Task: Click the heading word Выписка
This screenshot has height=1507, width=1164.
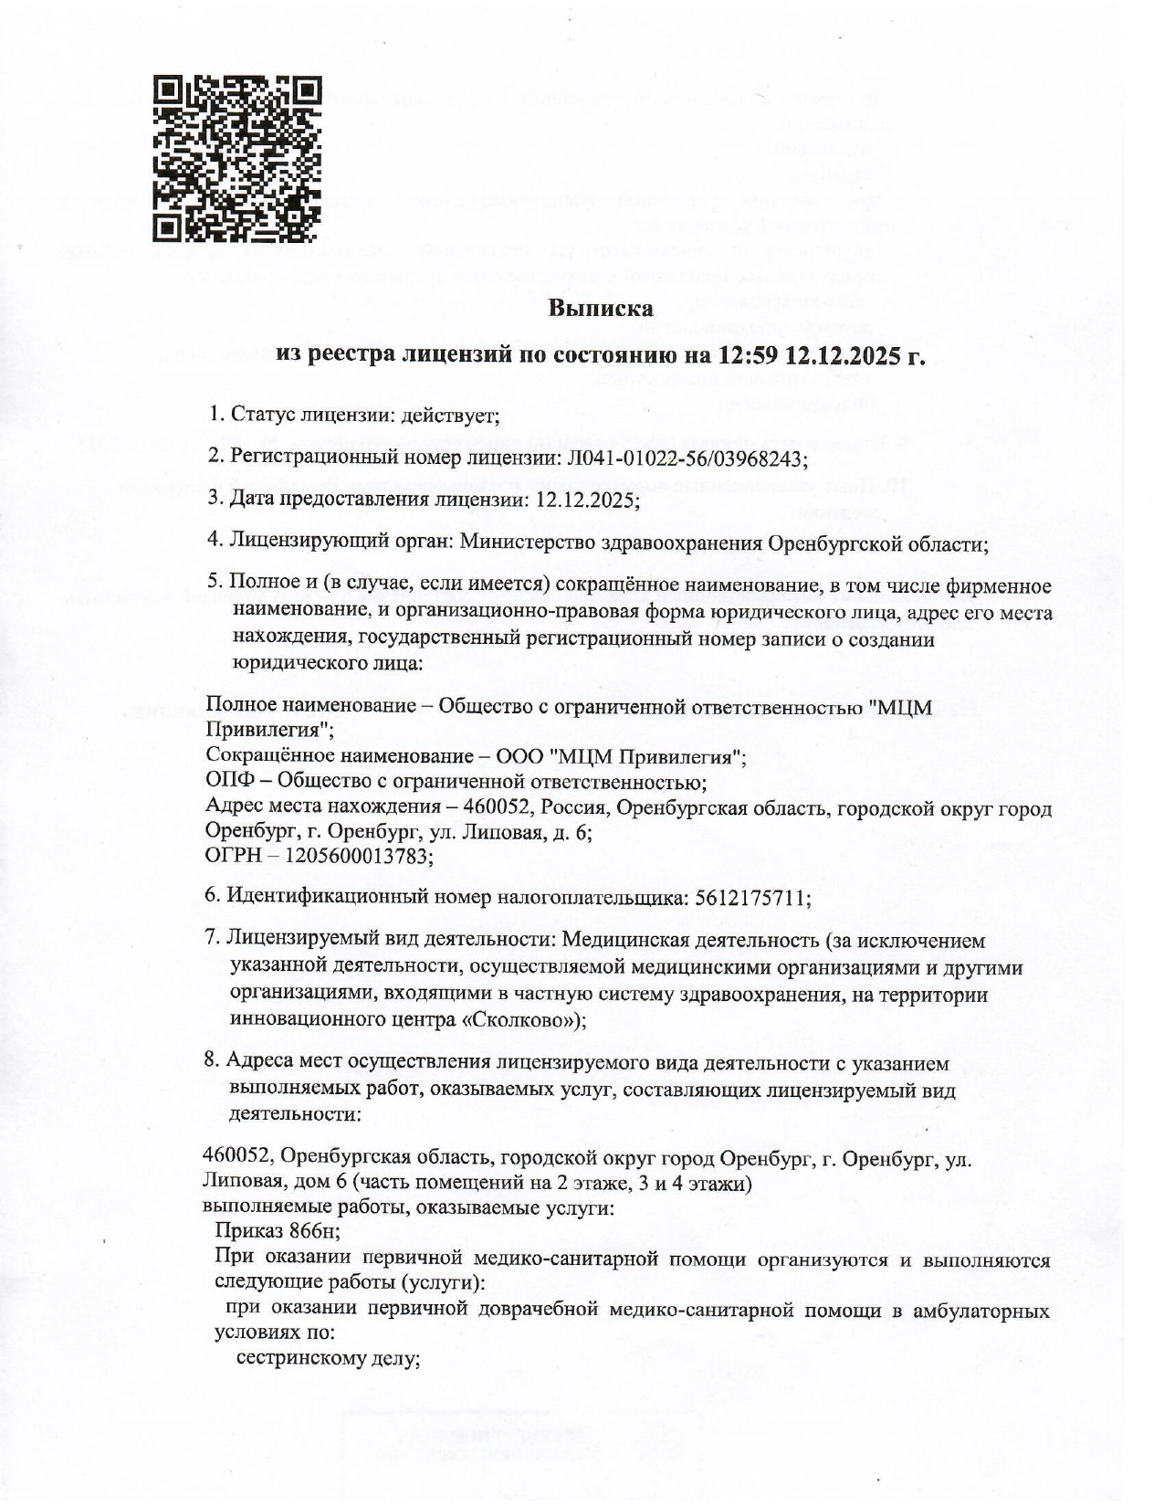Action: [x=601, y=308]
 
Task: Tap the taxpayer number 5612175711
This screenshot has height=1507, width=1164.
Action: [x=752, y=898]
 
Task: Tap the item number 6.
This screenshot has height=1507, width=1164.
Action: [x=211, y=898]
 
